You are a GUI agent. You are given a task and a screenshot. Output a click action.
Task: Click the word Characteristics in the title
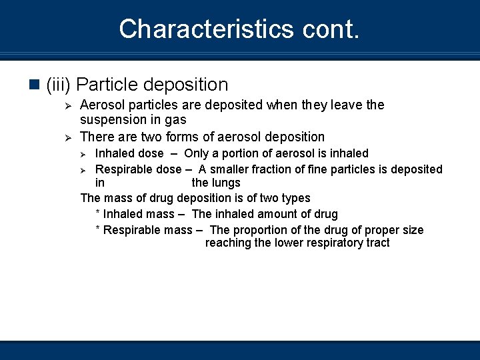pos(197,29)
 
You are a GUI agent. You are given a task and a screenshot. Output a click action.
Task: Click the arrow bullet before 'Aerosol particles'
pos(66,105)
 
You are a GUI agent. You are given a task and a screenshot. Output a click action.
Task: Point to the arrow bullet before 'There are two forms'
pos(66,137)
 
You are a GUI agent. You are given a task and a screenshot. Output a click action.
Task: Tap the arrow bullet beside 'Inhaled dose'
pos(85,154)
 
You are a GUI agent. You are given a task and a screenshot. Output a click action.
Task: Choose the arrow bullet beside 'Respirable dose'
pos(85,170)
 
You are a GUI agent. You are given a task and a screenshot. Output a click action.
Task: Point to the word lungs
pos(225,183)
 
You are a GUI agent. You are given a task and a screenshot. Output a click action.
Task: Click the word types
pos(295,199)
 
